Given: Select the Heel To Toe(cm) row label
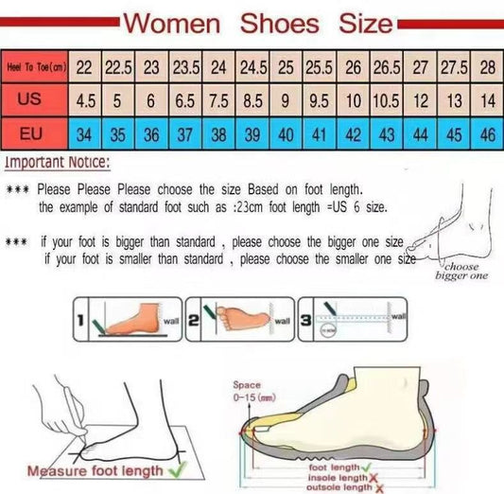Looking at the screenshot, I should [x=36, y=67].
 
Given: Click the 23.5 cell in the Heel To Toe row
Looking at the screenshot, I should [x=184, y=67].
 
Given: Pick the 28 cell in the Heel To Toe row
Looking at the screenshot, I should [x=487, y=67].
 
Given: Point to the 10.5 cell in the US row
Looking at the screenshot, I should [x=386, y=99].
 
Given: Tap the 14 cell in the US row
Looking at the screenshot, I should [x=487, y=99].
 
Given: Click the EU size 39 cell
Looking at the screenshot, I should [x=252, y=133].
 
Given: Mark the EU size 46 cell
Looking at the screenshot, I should [x=487, y=133].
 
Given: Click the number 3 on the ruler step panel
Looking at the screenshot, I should [x=304, y=320].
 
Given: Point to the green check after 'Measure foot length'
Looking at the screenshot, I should [x=176, y=468].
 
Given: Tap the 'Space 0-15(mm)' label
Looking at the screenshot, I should [x=252, y=391].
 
